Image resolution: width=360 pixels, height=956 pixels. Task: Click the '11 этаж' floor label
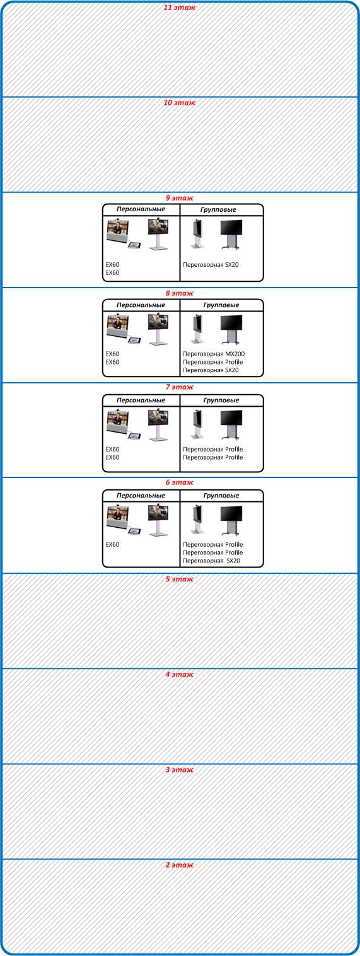click(180, 8)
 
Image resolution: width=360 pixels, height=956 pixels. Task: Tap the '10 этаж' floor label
click(180, 103)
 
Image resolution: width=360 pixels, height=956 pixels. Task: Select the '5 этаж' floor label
click(180, 579)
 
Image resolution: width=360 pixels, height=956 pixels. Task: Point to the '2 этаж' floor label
click(180, 865)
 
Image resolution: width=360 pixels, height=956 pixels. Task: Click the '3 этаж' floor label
click(180, 770)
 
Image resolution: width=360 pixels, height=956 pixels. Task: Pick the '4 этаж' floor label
click(180, 674)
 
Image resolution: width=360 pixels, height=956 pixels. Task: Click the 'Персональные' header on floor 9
click(141, 209)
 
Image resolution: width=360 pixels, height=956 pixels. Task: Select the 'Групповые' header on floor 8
click(221, 305)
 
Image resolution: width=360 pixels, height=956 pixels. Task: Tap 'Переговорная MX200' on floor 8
click(214, 354)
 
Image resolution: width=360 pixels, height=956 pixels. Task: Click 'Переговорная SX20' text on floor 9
click(211, 265)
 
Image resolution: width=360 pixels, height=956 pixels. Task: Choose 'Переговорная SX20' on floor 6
click(212, 561)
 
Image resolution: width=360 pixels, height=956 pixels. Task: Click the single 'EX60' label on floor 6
click(113, 545)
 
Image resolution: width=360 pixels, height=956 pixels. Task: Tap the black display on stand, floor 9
click(231, 235)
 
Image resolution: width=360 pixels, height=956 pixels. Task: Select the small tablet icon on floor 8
click(134, 341)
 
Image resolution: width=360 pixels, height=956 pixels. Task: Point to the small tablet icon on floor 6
click(134, 532)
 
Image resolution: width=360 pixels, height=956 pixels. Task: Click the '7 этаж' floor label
click(180, 387)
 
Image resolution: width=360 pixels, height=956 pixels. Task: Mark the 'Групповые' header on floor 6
click(221, 496)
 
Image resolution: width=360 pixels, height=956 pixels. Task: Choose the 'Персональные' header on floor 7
click(141, 400)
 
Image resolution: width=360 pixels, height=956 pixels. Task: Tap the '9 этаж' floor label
click(180, 198)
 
